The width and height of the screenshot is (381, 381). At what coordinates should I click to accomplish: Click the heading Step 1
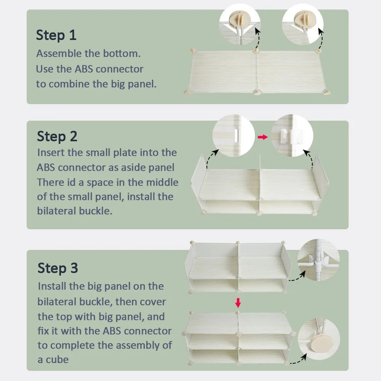(56, 35)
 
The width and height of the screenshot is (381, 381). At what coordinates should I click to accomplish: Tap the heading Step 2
(57, 136)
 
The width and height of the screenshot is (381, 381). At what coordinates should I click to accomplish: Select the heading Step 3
(58, 268)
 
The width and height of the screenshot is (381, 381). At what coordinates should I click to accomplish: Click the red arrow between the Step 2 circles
(263, 137)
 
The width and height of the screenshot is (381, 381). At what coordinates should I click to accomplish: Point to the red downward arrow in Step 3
(238, 303)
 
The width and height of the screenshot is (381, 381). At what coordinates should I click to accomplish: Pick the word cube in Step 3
(57, 360)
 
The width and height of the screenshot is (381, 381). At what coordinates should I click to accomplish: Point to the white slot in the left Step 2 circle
(237, 135)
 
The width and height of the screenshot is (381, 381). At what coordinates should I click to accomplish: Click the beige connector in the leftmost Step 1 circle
(239, 19)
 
